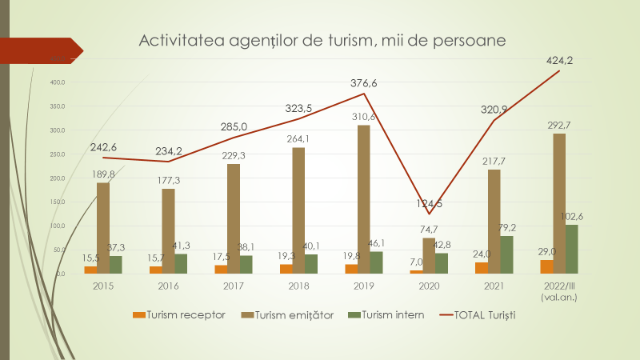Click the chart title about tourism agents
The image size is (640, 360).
point(323,40)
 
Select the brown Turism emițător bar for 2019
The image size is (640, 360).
point(364,199)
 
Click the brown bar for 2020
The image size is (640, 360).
point(429,255)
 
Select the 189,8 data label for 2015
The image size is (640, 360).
point(103,174)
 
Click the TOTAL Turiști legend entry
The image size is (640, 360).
point(478,315)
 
